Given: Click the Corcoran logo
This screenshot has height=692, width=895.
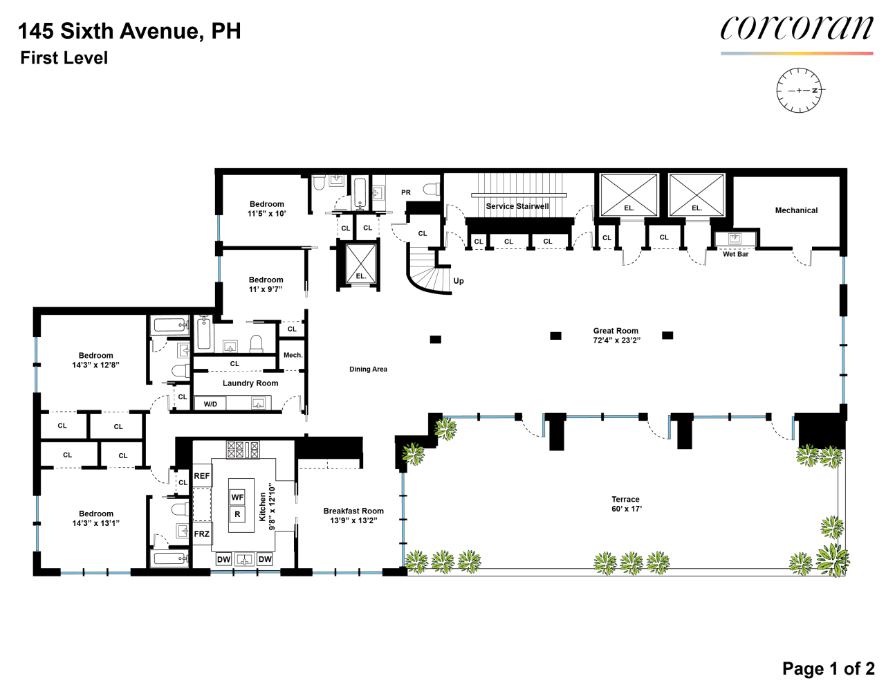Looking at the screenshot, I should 796,29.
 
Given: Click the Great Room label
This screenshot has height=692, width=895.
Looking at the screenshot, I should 616,331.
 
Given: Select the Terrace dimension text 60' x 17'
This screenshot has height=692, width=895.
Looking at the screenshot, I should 626,509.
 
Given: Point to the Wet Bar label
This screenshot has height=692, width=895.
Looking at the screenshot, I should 735,254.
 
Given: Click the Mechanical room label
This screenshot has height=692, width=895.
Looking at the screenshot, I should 796,210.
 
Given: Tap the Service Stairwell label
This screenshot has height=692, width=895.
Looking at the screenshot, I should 517,206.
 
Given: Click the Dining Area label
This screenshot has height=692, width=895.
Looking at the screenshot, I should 368,370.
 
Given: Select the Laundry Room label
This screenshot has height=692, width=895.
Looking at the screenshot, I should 250,383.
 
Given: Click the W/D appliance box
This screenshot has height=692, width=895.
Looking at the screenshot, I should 210,404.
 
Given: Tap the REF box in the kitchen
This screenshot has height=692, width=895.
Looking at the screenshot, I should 201,476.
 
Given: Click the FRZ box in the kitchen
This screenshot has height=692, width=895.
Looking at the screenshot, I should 201,534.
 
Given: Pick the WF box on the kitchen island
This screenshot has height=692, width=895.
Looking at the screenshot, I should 237,498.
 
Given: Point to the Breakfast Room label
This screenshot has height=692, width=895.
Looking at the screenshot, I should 353,511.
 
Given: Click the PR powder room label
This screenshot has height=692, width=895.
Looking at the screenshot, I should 406,193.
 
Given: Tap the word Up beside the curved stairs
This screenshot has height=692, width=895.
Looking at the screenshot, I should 459,281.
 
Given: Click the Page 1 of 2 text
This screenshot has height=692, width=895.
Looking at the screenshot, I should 828,668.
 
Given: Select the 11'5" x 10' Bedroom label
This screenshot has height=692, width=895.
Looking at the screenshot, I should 267,209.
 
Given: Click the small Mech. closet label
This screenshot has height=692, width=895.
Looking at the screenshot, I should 293,356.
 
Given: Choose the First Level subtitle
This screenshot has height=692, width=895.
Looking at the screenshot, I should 64,58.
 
